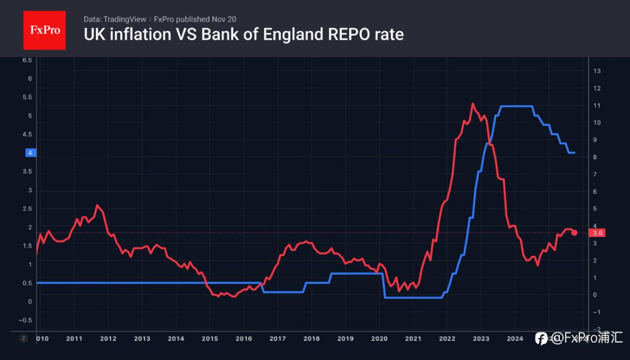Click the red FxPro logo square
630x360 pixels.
[x=44, y=30]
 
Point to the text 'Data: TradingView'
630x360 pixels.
[x=115, y=19]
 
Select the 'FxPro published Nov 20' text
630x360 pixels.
[x=195, y=19]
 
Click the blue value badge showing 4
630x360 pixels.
[x=30, y=153]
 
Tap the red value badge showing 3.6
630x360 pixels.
[x=598, y=233]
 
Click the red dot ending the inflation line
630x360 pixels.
[x=574, y=232]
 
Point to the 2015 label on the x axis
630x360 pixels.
[x=210, y=338]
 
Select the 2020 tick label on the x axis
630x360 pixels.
[x=379, y=338]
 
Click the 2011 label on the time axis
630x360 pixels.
[x=74, y=338]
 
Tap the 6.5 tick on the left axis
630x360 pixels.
[x=27, y=60]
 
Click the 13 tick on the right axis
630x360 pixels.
[x=597, y=71]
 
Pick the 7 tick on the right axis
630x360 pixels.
[x=595, y=175]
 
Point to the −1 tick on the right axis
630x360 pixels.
[x=596, y=312]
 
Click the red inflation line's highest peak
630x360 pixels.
[x=472, y=103]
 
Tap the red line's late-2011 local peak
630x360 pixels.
[x=97, y=205]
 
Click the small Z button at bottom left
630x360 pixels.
[x=23, y=338]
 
